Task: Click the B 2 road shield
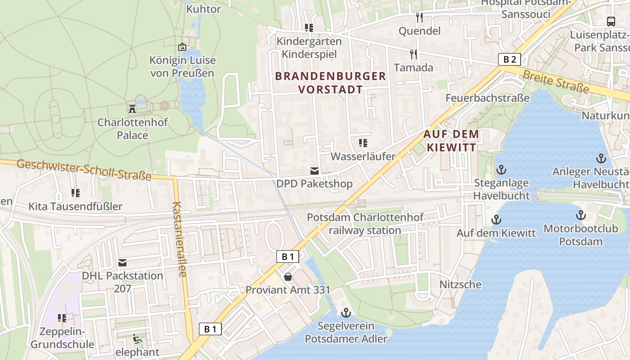coord(509,59)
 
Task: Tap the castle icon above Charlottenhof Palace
coord(132,108)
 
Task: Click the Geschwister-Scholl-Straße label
coord(84,170)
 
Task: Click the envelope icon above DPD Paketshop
coord(314,171)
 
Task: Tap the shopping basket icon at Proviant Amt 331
coord(288,276)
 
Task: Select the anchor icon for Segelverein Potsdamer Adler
coord(346,312)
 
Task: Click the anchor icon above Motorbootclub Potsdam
coord(580,215)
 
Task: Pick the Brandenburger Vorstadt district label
coord(331,83)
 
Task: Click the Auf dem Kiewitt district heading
coord(451,140)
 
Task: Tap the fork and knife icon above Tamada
coord(413,54)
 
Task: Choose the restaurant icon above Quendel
coord(419,18)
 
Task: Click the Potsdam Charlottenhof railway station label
coord(365,224)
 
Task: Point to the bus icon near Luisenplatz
coord(611,21)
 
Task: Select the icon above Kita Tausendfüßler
coord(75,193)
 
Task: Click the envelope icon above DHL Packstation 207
coord(122,262)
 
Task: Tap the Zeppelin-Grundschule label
coord(63,338)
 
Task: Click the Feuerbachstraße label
coord(487,98)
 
